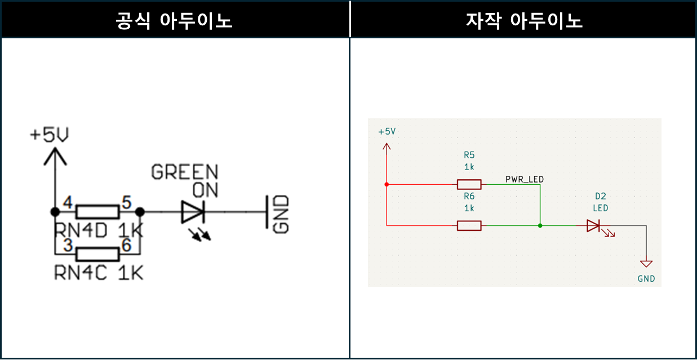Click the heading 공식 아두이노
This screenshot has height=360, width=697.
(x=174, y=21)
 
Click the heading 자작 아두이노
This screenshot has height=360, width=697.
(x=524, y=21)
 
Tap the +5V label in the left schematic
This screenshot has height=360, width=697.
(x=49, y=135)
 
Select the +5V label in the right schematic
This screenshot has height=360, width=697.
(x=387, y=131)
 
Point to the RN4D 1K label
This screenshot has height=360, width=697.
(x=99, y=230)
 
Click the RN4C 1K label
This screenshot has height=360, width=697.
(x=99, y=273)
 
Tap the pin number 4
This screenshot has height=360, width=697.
(x=68, y=202)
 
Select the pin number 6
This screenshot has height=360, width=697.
(x=126, y=246)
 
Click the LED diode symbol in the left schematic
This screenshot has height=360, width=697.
(x=192, y=212)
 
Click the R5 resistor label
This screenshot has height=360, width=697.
(x=469, y=154)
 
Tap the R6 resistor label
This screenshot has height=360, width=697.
(x=469, y=196)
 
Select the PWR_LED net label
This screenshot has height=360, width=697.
(x=525, y=179)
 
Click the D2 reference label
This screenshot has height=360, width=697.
(x=600, y=196)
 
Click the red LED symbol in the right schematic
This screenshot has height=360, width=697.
(x=593, y=226)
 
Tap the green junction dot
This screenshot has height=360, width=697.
(x=540, y=226)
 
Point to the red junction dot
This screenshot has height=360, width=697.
(x=387, y=184)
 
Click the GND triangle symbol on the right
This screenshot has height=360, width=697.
(x=646, y=264)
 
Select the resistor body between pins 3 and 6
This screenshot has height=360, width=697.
(x=97, y=255)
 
